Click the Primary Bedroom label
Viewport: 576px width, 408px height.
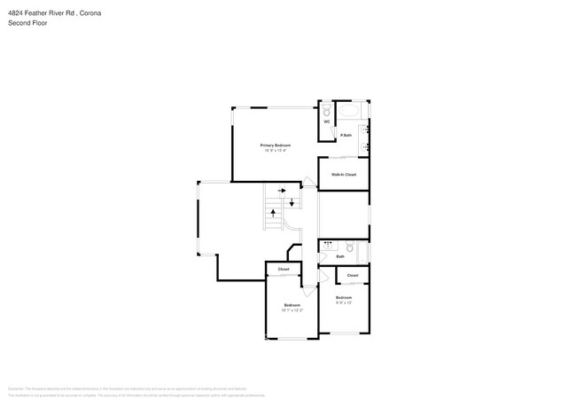pos(276,145)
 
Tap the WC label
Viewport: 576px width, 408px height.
pos(326,122)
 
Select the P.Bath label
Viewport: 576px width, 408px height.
pos(347,135)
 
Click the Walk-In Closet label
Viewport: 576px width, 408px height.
pos(344,175)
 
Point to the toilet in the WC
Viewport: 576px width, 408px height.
pos(326,111)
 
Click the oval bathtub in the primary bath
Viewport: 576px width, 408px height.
pos(351,112)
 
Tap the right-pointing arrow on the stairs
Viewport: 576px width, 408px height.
pos(281,190)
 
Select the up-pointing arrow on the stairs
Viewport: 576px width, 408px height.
pos(273,213)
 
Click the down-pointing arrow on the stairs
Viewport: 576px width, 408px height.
pos(292,204)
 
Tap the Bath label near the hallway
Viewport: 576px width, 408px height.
pos(339,256)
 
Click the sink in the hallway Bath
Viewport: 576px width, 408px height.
pos(327,247)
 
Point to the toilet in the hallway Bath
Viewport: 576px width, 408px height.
pos(350,247)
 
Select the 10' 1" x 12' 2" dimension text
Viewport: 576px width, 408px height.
pos(292,310)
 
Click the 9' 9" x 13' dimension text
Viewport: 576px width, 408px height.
pos(343,302)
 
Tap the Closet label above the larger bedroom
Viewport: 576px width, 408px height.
pos(284,269)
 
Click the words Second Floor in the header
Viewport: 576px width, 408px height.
pos(27,23)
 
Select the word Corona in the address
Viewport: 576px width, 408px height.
pos(88,12)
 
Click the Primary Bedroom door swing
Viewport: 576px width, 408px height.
pos(307,183)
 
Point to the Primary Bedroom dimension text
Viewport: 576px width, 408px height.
pos(276,150)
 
